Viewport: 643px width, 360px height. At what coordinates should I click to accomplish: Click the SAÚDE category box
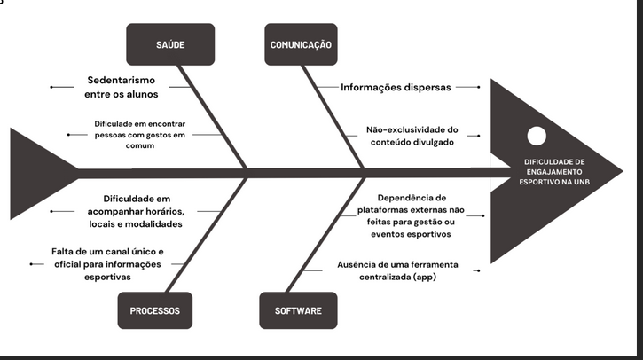pos(170,44)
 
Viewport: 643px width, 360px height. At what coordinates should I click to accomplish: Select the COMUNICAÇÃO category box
pos(301,44)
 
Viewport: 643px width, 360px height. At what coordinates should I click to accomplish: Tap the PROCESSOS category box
pos(154,311)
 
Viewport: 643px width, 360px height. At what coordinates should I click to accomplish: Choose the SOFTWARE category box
pos(298,311)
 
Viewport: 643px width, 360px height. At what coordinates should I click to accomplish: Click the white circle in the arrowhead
pos(537,136)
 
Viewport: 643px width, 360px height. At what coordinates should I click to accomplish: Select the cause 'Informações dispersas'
pos(396,88)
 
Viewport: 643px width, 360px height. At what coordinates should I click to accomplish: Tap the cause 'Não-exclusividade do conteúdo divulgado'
pos(412,135)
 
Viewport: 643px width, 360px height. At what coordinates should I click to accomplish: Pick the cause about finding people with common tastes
pos(140,134)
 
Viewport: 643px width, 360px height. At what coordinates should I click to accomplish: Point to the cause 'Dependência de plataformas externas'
pos(412,215)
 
